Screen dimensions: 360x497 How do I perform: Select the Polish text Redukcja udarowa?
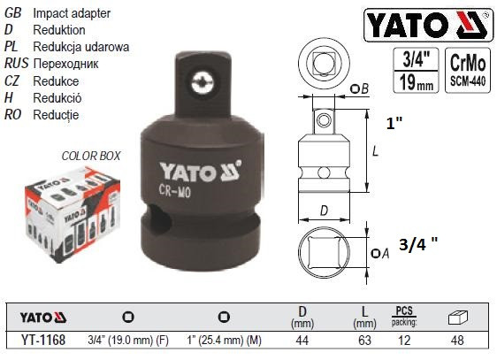[x=80, y=46]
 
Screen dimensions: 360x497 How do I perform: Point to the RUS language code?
[x=16, y=65]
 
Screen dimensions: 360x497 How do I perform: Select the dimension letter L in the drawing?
[x=377, y=151]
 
